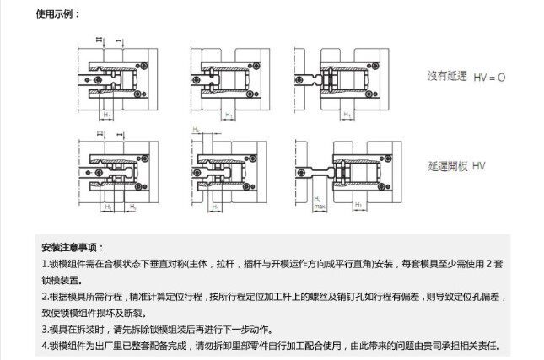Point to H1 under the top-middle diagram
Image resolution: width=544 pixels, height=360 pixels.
click(229, 113)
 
